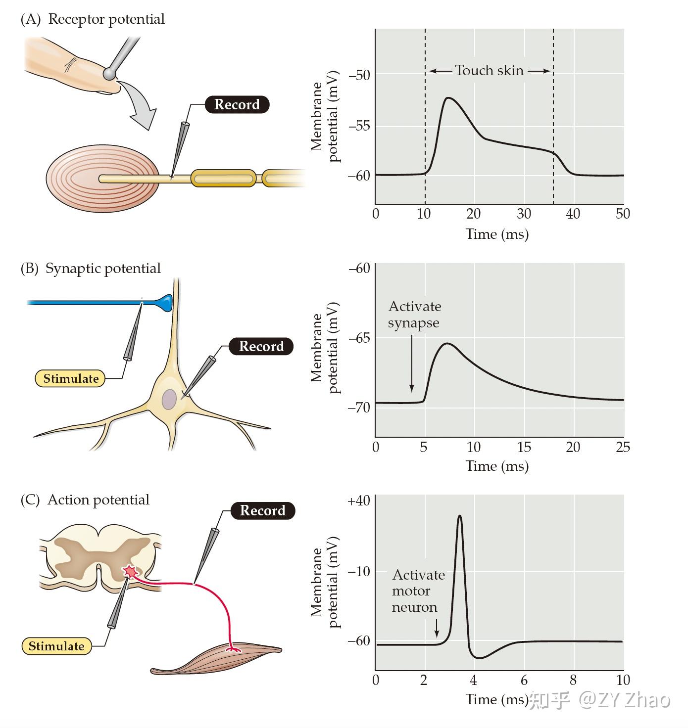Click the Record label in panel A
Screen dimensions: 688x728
237,104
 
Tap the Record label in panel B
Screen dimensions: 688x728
261,346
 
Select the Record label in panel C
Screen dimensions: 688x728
263,510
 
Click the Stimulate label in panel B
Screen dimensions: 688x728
70,378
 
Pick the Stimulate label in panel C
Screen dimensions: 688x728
56,645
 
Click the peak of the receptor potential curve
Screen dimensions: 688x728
448,98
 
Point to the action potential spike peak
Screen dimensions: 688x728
460,516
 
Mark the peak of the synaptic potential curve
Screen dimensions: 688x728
447,343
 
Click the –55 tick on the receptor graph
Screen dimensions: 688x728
359,126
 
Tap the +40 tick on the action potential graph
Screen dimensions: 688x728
359,500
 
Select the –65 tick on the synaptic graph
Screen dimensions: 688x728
359,337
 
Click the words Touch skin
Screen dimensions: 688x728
489,70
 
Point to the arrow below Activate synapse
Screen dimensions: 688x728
412,364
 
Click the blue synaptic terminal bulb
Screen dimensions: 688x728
166,303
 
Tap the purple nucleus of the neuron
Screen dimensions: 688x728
169,399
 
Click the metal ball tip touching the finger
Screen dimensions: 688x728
109,74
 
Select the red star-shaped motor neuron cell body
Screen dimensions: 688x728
130,571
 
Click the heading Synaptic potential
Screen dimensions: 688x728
103,269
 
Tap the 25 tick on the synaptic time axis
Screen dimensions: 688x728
623,447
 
